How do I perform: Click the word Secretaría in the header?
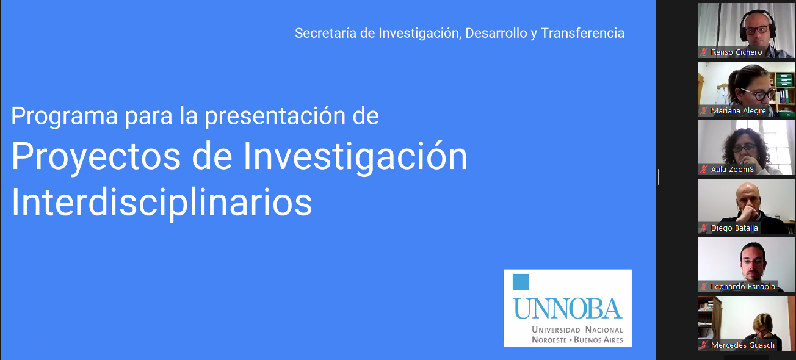(325, 33)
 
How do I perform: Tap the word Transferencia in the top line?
(582, 33)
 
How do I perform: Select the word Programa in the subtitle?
(64, 117)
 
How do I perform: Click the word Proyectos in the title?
(96, 157)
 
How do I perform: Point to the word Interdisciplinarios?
(162, 202)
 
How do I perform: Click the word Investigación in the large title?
(355, 157)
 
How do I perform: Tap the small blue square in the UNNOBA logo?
(521, 282)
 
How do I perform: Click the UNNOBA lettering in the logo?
(567, 309)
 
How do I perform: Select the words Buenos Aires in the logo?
(598, 340)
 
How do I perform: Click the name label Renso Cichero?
(736, 52)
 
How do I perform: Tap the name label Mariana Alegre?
(738, 111)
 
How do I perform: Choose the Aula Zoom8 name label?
(732, 170)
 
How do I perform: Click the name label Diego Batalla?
(734, 228)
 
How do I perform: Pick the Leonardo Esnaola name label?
(743, 286)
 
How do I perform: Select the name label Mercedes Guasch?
(743, 345)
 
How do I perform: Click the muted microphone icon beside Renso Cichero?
(704, 52)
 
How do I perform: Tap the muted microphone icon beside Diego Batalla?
(704, 228)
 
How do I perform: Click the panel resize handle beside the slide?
(659, 177)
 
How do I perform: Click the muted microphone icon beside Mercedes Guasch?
(704, 345)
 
